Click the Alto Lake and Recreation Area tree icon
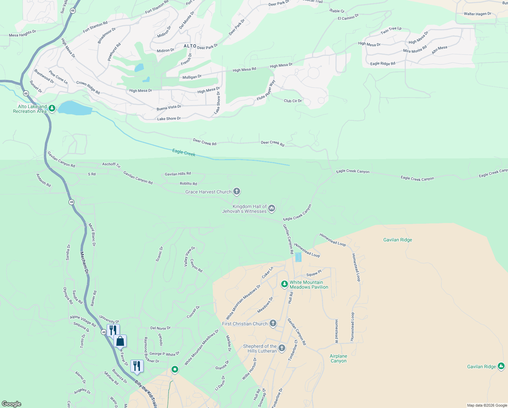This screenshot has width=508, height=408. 52,108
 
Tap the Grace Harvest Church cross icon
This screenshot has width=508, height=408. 237,192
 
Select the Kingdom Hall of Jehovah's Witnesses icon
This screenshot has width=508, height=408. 271,208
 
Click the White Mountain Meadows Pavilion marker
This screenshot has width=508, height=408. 285,284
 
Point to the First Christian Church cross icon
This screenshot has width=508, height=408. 273,323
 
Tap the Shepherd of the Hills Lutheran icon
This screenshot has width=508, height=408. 282,348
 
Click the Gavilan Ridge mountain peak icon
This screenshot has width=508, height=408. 501,366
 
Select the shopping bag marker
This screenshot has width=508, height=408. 120,341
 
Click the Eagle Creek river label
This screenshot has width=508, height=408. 184,153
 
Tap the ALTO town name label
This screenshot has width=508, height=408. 190,46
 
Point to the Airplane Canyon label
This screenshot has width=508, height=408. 338,359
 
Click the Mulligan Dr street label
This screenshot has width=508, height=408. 192,77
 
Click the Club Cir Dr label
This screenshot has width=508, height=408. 293,101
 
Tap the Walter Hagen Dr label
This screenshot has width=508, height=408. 477,14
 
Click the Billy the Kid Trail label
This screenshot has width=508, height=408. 145,394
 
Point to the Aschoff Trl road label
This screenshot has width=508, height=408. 111,165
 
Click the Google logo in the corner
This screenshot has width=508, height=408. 11,404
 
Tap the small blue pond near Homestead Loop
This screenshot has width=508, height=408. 298,257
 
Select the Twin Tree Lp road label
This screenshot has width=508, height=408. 391,30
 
